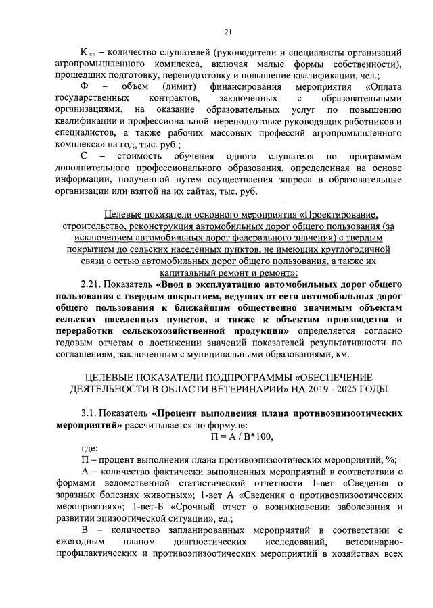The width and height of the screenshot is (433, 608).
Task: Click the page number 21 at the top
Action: click(x=228, y=30)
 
